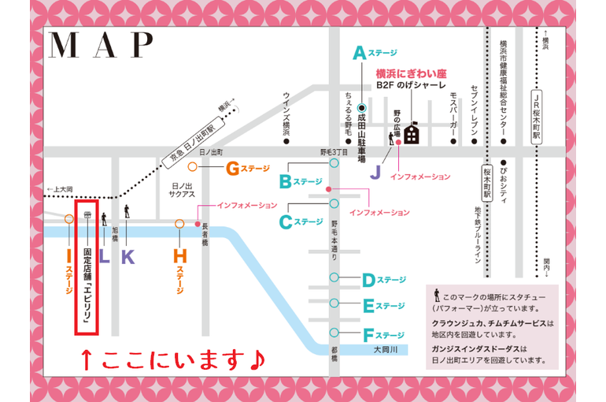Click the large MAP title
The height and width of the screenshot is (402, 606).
101,47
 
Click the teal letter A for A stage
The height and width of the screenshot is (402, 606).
360,53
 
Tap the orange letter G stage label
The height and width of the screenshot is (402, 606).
232,168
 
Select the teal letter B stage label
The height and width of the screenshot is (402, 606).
285,182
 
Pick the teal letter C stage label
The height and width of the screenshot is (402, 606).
286,222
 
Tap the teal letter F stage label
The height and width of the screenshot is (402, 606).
368,334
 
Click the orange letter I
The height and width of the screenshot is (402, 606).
68,255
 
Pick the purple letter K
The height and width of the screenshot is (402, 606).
127,255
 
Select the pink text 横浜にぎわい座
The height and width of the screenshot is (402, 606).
410,71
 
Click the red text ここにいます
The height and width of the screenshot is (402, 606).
175,360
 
